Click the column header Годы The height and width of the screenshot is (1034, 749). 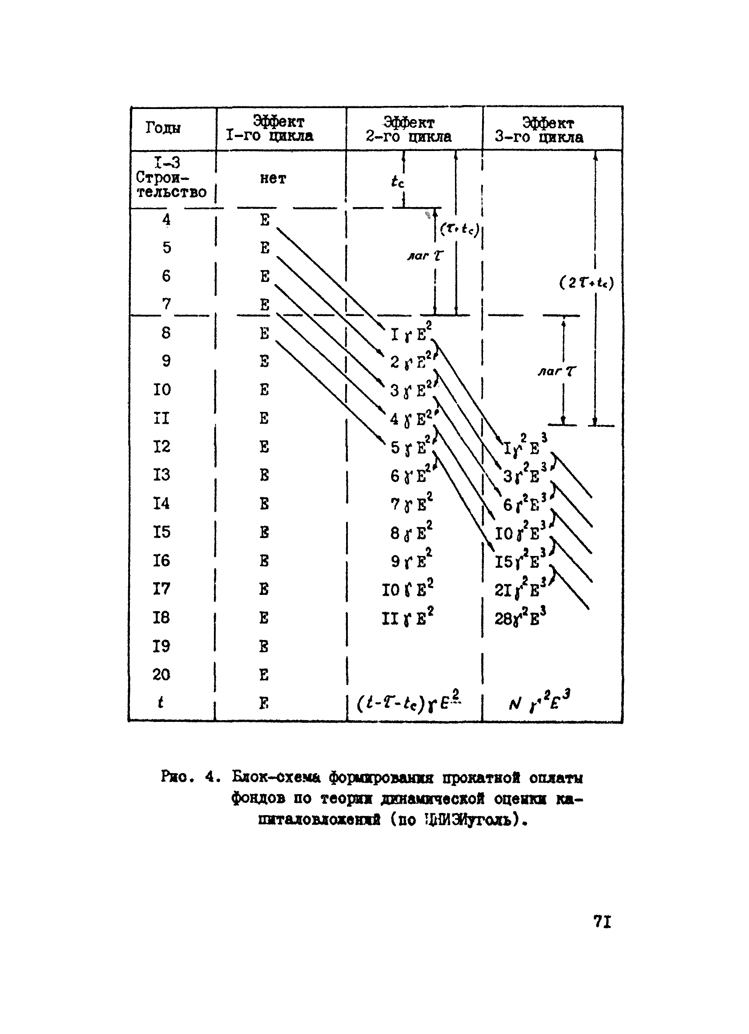click(x=163, y=128)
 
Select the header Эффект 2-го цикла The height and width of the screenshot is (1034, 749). click(x=409, y=130)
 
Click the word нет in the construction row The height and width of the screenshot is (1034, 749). click(x=273, y=179)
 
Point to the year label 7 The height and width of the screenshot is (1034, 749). click(x=167, y=304)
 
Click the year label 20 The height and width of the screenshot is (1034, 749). click(x=161, y=674)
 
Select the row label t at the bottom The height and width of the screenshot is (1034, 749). click(x=161, y=703)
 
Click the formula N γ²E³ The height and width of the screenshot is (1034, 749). click(x=539, y=703)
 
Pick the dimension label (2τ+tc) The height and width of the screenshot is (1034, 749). click(x=586, y=283)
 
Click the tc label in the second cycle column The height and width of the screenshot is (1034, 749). click(x=397, y=182)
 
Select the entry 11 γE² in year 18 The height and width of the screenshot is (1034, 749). click(x=407, y=617)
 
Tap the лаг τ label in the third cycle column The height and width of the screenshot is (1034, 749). click(x=556, y=372)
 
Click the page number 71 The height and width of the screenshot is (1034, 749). click(x=602, y=922)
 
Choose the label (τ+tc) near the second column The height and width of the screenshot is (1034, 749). click(x=459, y=229)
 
